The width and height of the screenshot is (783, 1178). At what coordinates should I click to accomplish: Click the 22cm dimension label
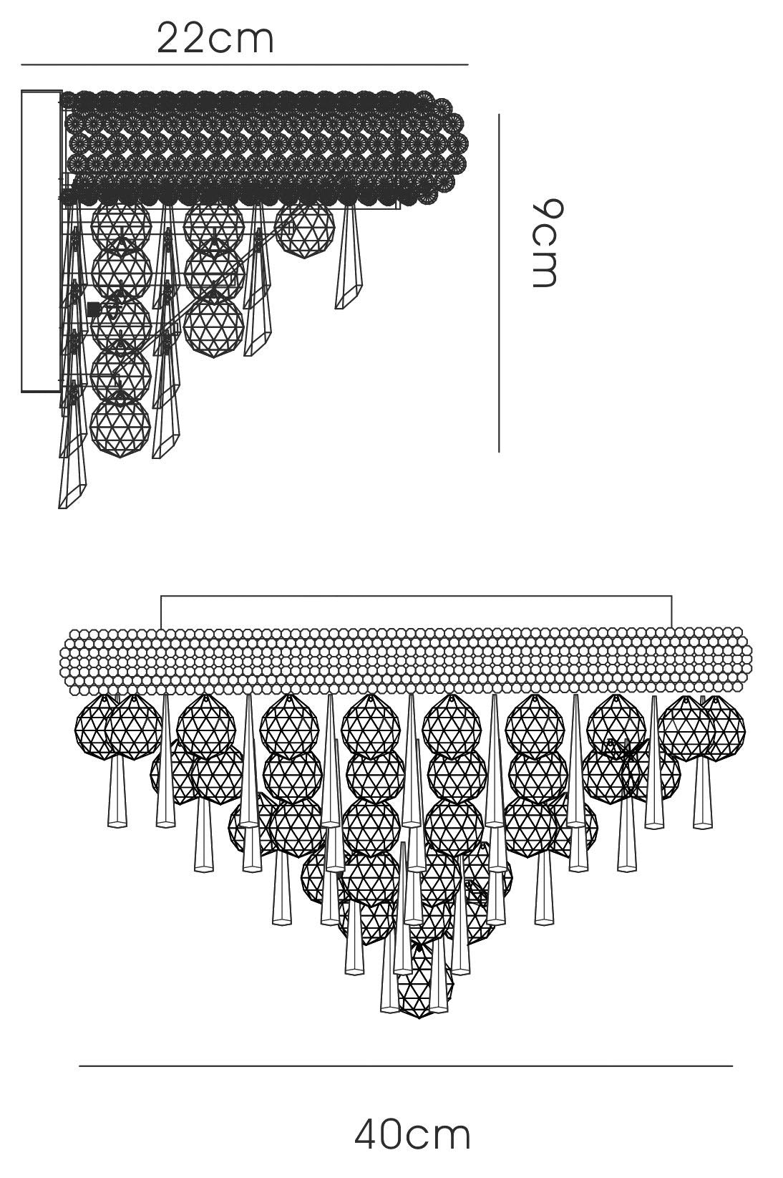click(x=215, y=39)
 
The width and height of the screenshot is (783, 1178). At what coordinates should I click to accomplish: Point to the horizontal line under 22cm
click(x=244, y=64)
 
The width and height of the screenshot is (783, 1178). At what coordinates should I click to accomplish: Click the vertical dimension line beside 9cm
click(x=498, y=283)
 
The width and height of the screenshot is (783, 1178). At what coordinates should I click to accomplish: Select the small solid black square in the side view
click(x=94, y=309)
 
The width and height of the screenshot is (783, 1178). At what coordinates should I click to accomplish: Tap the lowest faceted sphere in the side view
click(x=120, y=427)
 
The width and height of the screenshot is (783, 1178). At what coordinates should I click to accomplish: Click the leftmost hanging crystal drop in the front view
click(x=117, y=789)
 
